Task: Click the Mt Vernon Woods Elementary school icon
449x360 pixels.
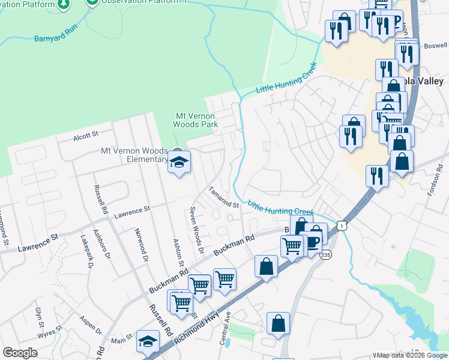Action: pyautogui.click(x=179, y=162)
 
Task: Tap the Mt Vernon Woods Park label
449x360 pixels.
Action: pyautogui.click(x=195, y=120)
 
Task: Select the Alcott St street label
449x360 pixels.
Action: pyautogui.click(x=85, y=136)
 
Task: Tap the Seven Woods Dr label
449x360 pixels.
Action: pyautogui.click(x=194, y=226)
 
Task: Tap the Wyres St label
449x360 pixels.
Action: pyautogui.click(x=50, y=331)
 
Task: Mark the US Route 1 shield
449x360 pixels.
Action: pyautogui.click(x=342, y=224)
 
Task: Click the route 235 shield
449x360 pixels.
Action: pyautogui.click(x=326, y=256)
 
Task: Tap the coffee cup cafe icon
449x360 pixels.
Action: pyautogui.click(x=313, y=242)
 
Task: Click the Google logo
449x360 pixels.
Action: pyautogui.click(x=20, y=353)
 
